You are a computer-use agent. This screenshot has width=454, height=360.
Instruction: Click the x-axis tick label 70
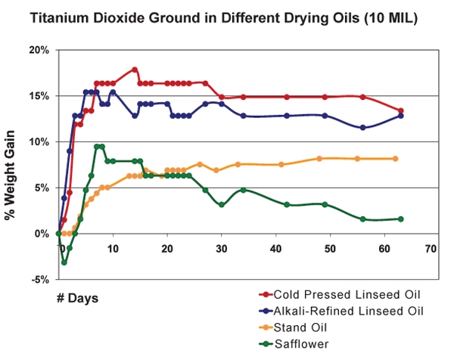pos(431,247)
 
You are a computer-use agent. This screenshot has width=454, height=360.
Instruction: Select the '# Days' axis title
pos(76,297)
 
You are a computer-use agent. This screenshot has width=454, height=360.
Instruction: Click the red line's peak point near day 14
pos(135,70)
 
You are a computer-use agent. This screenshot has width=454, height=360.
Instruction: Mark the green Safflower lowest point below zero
pos(64,262)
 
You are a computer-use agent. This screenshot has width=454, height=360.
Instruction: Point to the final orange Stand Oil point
pos(395,158)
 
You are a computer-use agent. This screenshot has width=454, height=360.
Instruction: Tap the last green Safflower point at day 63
pos(400,219)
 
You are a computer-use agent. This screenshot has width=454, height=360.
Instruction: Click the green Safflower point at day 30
pos(221,204)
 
